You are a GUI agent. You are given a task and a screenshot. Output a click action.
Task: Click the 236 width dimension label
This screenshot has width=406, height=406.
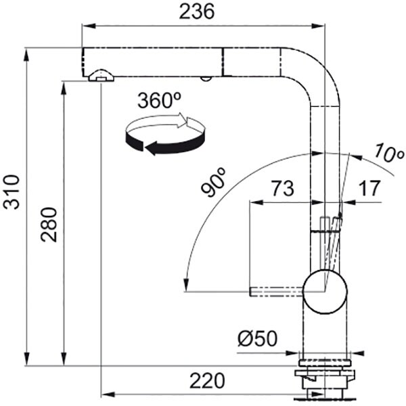point(197,12)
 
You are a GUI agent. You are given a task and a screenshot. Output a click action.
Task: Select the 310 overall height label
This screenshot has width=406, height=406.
point(12,192)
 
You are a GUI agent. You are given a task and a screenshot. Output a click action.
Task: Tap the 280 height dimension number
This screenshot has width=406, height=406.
point(49,225)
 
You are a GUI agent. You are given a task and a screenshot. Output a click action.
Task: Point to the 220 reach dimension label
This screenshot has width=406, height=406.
point(207,380)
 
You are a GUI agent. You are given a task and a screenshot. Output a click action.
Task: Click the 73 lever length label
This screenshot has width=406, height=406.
point(282,188)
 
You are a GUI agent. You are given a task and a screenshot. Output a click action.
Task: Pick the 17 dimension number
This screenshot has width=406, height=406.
point(369,188)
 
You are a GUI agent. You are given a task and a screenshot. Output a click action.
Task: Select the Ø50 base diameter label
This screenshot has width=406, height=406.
point(257,338)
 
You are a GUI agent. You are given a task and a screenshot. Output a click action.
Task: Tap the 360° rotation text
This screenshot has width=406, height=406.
point(159,100)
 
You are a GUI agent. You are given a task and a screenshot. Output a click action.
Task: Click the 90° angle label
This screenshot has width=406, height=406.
point(214,182)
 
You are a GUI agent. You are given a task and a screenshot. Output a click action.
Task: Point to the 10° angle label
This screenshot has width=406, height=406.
point(388,153)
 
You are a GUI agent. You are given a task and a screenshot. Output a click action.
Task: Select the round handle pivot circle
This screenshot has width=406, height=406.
point(325,292)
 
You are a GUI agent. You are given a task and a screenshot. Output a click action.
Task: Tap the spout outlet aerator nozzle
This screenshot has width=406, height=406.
point(101,76)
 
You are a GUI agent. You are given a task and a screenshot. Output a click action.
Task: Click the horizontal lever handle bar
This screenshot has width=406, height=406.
point(276,292)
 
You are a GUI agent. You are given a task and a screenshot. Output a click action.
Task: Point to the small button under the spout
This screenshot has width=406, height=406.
point(206,78)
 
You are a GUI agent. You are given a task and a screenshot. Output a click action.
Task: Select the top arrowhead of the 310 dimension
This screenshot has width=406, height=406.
point(26,55)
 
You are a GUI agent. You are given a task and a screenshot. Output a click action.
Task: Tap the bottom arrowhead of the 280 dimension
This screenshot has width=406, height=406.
point(64,359)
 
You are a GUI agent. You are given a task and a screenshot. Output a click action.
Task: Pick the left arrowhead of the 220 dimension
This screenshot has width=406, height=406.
point(108,394)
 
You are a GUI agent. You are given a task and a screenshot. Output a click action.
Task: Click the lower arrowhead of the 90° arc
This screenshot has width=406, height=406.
point(185,285)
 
